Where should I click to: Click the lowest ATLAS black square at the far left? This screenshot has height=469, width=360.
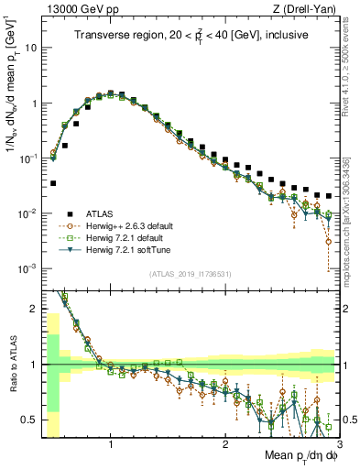click(53, 183)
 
